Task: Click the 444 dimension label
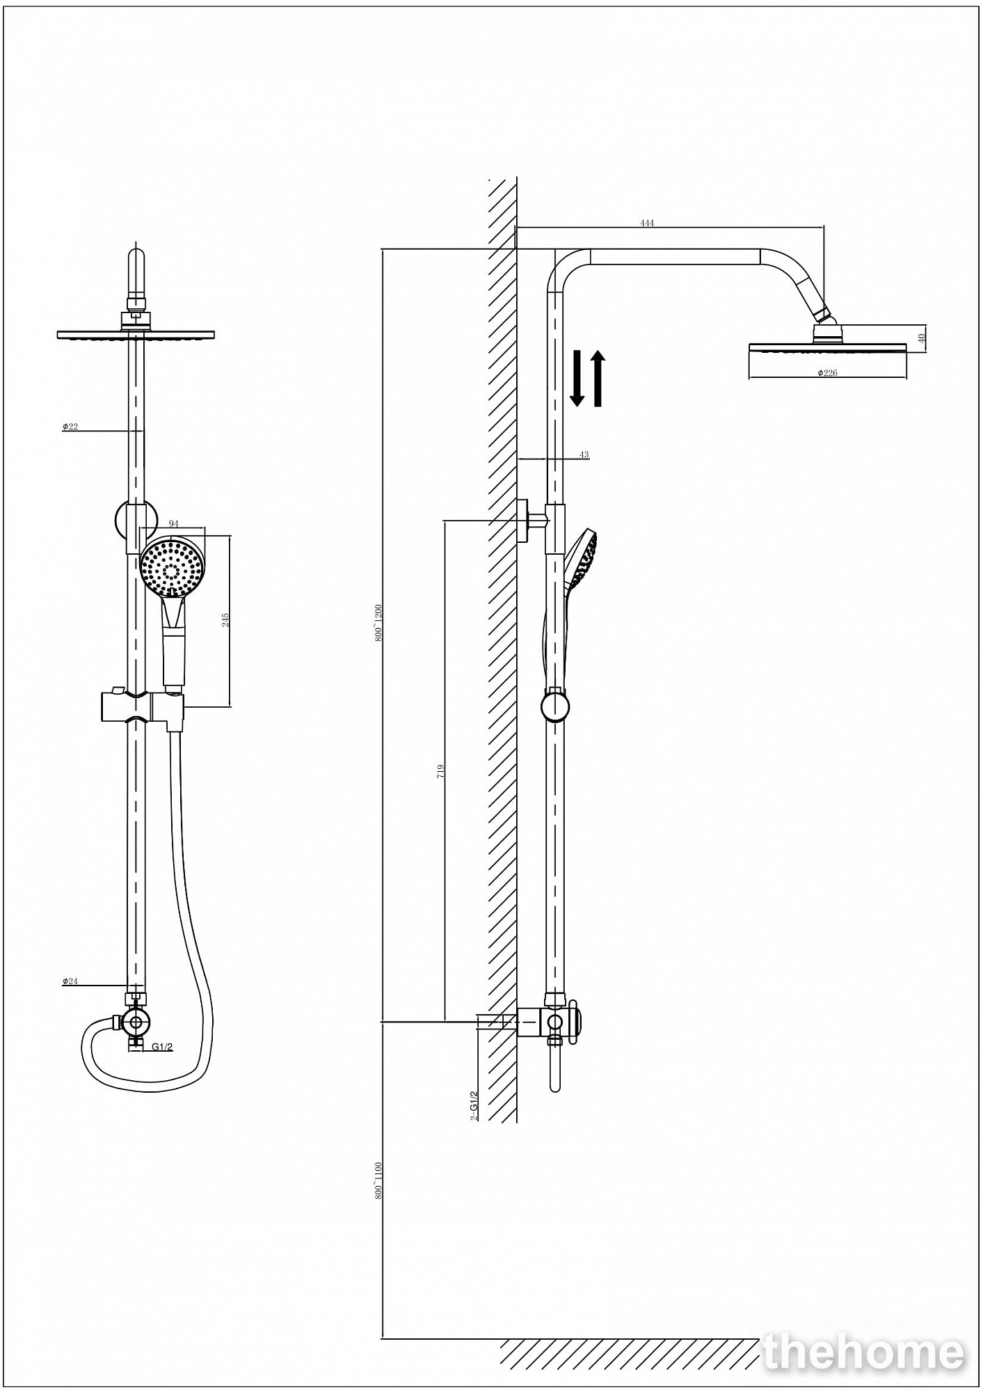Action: pyautogui.click(x=647, y=223)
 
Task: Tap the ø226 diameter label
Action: pyautogui.click(x=827, y=373)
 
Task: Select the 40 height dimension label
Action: pyautogui.click(x=922, y=338)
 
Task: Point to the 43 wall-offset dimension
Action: pyautogui.click(x=584, y=454)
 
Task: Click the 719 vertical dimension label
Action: pyautogui.click(x=440, y=770)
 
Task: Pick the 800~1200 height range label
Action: pyautogui.click(x=378, y=622)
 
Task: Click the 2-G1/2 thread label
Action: pyautogui.click(x=474, y=1105)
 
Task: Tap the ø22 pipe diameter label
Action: pyautogui.click(x=70, y=427)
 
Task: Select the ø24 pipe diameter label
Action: pyautogui.click(x=70, y=981)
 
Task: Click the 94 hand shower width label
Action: pyautogui.click(x=173, y=524)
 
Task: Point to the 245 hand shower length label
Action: pyautogui.click(x=225, y=619)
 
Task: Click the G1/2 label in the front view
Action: pyautogui.click(x=162, y=1047)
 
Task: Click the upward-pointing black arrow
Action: pyautogui.click(x=598, y=378)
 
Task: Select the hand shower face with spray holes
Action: pyautogui.click(x=173, y=564)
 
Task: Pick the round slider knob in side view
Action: pyautogui.click(x=555, y=706)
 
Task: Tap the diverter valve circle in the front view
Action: pyautogui.click(x=138, y=1022)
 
